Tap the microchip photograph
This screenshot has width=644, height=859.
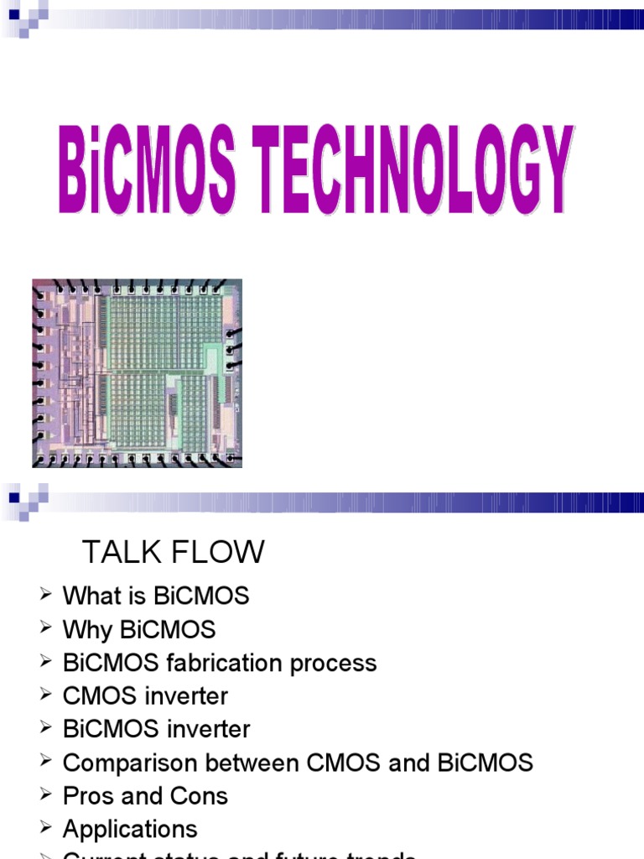(x=137, y=372)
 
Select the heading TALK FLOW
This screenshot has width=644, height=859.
(x=173, y=552)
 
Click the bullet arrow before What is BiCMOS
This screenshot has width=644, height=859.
(x=45, y=596)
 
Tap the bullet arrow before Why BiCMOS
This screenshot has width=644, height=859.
(x=45, y=629)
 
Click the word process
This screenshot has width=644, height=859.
(x=334, y=663)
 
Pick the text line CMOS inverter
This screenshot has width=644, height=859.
(x=145, y=696)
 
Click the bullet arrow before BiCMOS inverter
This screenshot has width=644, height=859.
(x=45, y=729)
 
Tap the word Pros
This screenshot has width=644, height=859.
(x=89, y=796)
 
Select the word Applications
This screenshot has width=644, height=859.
(x=130, y=830)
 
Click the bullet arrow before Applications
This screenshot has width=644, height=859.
(x=45, y=829)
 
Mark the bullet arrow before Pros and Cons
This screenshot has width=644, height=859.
(x=45, y=795)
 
